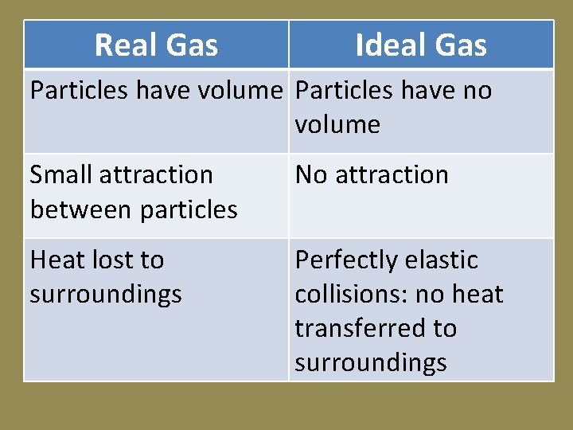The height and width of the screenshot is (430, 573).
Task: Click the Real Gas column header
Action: point(156,45)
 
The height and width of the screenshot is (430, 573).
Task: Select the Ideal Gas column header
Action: point(421,45)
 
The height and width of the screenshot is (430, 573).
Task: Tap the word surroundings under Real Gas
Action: point(106,295)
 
